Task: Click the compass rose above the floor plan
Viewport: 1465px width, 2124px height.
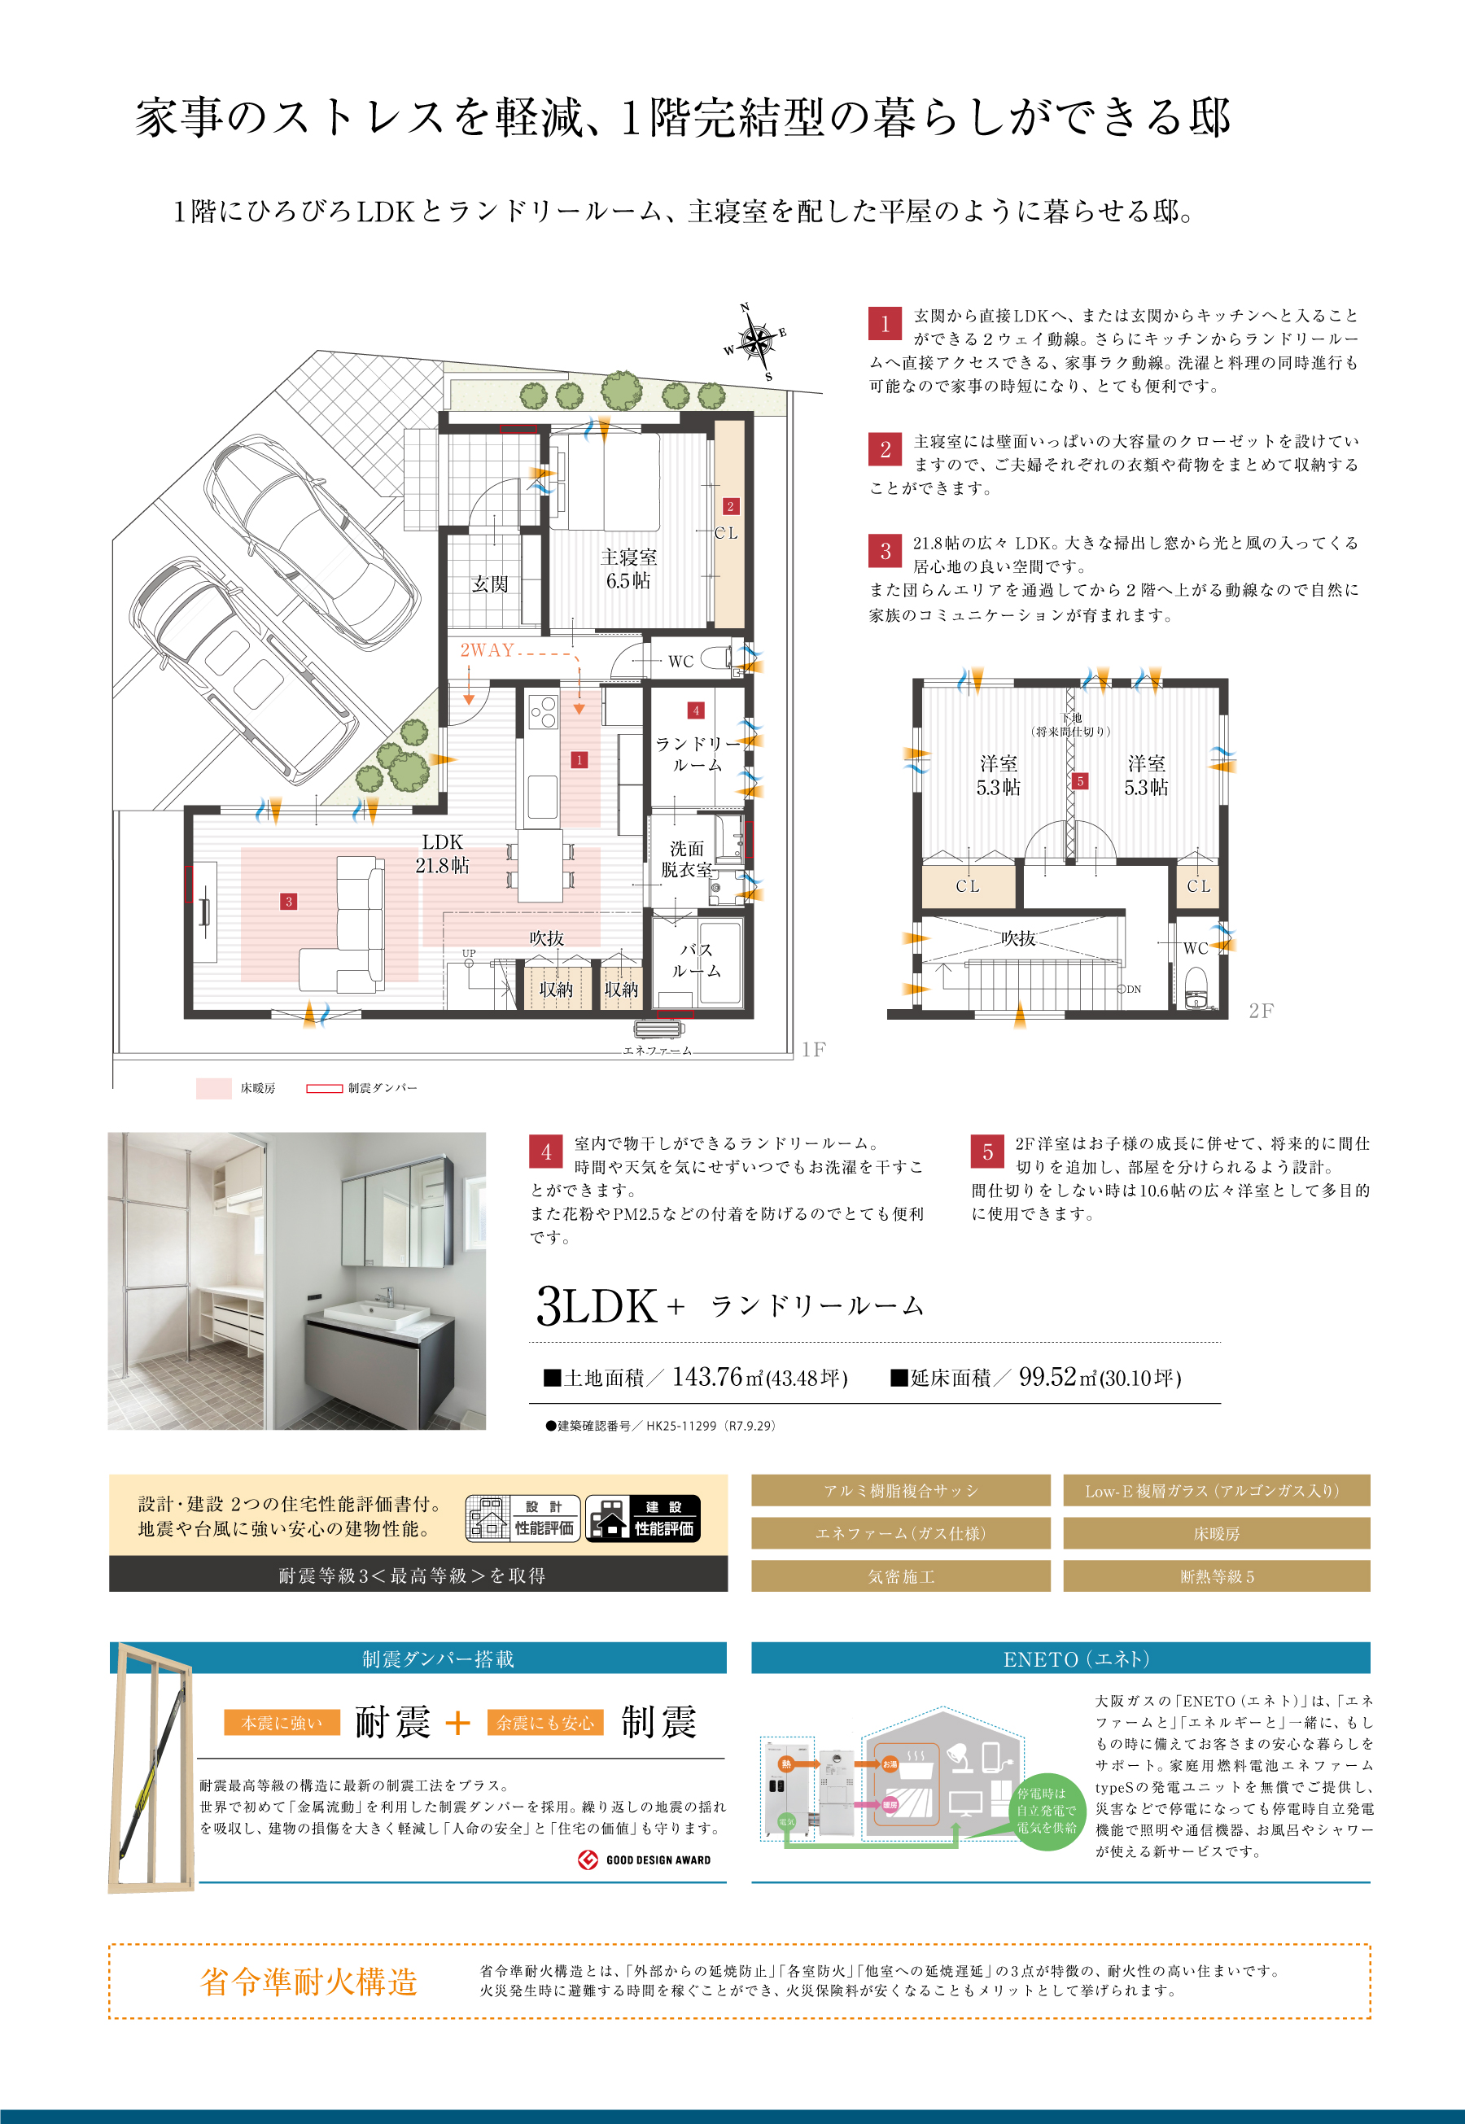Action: (x=755, y=343)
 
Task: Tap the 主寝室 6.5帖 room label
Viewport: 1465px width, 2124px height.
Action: (x=629, y=569)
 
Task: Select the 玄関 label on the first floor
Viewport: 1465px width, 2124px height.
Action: (x=490, y=583)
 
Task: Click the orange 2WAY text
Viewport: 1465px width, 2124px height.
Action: (x=487, y=650)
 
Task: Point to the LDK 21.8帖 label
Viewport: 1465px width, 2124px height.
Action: (x=443, y=854)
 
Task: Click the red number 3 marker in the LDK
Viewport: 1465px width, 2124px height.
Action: (x=288, y=902)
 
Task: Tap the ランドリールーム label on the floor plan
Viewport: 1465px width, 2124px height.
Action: (x=697, y=754)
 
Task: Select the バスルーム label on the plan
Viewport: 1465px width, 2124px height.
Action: (x=697, y=960)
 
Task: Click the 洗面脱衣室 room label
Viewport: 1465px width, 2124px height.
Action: (x=687, y=859)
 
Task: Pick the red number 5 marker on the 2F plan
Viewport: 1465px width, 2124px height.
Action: (x=1080, y=780)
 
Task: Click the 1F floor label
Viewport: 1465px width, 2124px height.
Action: (x=813, y=1049)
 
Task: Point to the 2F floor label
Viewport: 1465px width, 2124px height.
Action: (x=1262, y=1011)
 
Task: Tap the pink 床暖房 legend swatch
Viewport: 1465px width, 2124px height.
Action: (x=214, y=1088)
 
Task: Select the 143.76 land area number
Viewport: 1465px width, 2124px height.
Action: (x=706, y=1377)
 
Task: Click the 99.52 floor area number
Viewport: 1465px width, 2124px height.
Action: (x=1047, y=1377)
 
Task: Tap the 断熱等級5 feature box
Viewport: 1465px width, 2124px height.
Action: (x=1216, y=1576)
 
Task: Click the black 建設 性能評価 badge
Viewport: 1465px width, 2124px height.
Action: (x=642, y=1519)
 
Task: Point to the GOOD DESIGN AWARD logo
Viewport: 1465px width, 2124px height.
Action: (x=645, y=1860)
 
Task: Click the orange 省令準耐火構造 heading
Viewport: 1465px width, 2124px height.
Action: (x=308, y=1982)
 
